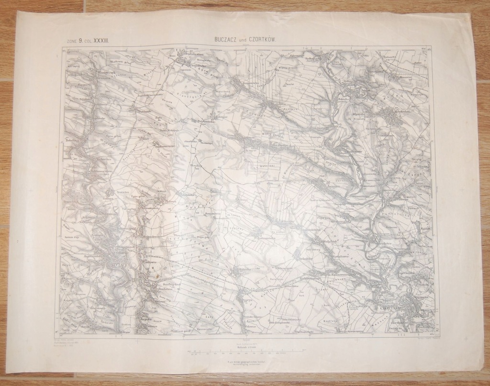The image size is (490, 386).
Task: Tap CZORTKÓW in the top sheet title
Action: click(259, 41)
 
